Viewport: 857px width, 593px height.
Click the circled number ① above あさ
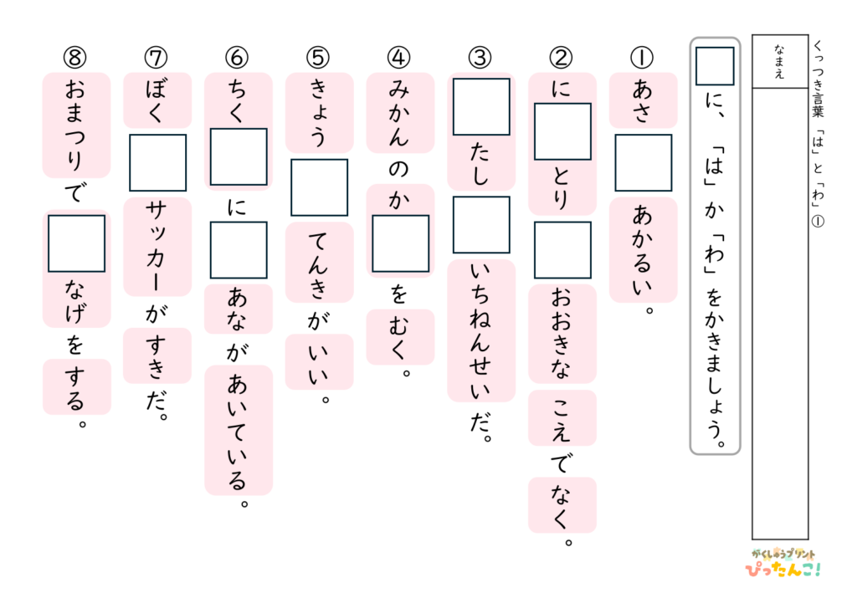(643, 58)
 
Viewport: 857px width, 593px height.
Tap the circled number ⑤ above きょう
(318, 58)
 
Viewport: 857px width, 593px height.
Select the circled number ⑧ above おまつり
(74, 58)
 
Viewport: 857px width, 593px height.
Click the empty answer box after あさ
(644, 163)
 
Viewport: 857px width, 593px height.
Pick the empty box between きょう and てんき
(319, 187)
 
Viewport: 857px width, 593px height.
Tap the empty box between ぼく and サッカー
(157, 163)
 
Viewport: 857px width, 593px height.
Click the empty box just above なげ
(76, 243)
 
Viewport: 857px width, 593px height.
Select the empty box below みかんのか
(401, 243)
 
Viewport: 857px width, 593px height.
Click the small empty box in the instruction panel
(715, 66)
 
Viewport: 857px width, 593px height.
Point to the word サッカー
(157, 247)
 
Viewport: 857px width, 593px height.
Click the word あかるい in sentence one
(643, 251)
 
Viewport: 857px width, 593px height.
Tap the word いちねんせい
(481, 330)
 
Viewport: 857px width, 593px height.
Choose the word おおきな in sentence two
(562, 334)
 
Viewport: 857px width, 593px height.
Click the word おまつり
(75, 125)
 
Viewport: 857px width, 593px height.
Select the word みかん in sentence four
(399, 114)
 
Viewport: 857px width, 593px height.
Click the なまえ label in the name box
(779, 61)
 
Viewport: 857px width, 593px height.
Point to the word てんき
(318, 263)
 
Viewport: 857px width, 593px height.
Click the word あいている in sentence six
(238, 432)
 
